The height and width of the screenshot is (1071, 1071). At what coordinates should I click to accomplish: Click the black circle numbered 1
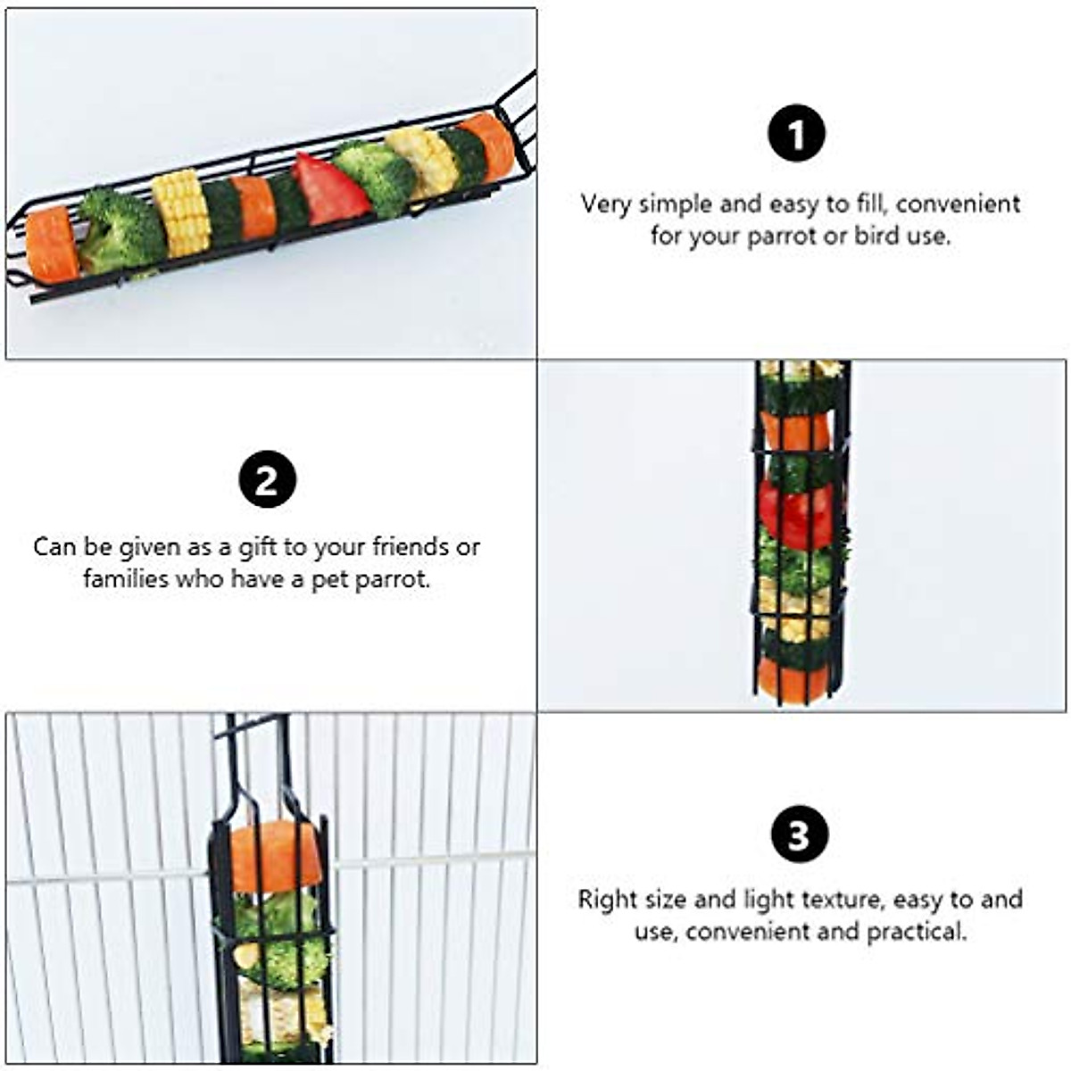point(796,135)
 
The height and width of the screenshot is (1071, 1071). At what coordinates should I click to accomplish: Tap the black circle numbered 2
point(267,480)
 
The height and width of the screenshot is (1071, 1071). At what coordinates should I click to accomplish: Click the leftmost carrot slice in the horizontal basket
point(53,245)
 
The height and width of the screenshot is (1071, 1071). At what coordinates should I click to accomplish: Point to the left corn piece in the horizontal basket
point(181,214)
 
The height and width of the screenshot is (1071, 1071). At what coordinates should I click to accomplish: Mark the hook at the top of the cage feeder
point(250,727)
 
